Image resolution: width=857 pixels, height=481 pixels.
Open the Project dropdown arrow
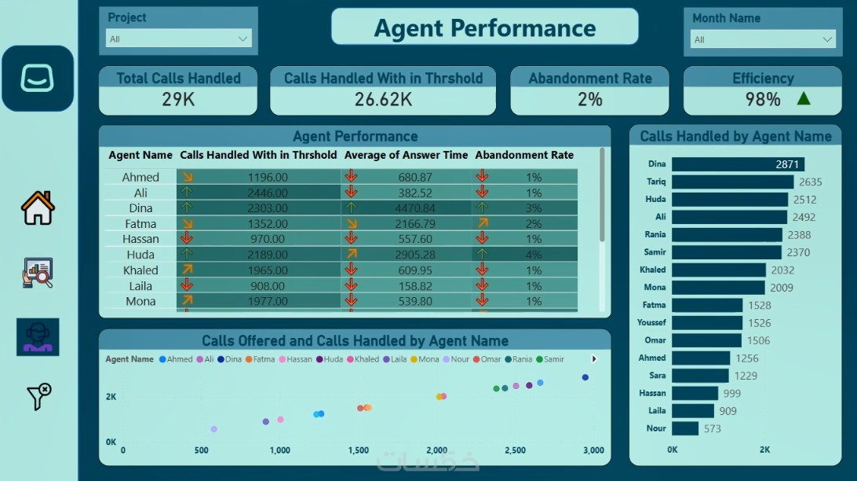click(x=243, y=39)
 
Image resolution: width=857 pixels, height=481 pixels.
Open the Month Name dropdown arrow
click(x=827, y=39)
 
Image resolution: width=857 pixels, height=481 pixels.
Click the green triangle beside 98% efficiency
click(x=803, y=99)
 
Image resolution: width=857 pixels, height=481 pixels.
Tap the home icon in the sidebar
click(x=38, y=208)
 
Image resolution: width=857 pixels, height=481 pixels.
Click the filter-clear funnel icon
click(x=38, y=397)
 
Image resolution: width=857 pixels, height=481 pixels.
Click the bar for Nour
click(x=685, y=428)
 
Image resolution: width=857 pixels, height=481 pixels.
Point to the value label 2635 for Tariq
click(x=810, y=182)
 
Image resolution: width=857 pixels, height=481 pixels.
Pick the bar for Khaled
click(x=718, y=270)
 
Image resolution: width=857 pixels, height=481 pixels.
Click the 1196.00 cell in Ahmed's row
click(x=268, y=178)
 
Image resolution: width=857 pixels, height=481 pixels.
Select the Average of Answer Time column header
click(x=406, y=155)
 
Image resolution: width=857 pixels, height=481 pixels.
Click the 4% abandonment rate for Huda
click(x=534, y=255)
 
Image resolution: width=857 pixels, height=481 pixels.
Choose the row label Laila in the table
click(x=140, y=286)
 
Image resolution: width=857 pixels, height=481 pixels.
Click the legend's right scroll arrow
click(x=594, y=359)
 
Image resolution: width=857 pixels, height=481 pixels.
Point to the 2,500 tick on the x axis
click(x=515, y=450)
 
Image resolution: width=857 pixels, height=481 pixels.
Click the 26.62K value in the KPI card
click(x=383, y=99)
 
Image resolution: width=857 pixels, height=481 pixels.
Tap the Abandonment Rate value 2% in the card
click(x=589, y=99)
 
